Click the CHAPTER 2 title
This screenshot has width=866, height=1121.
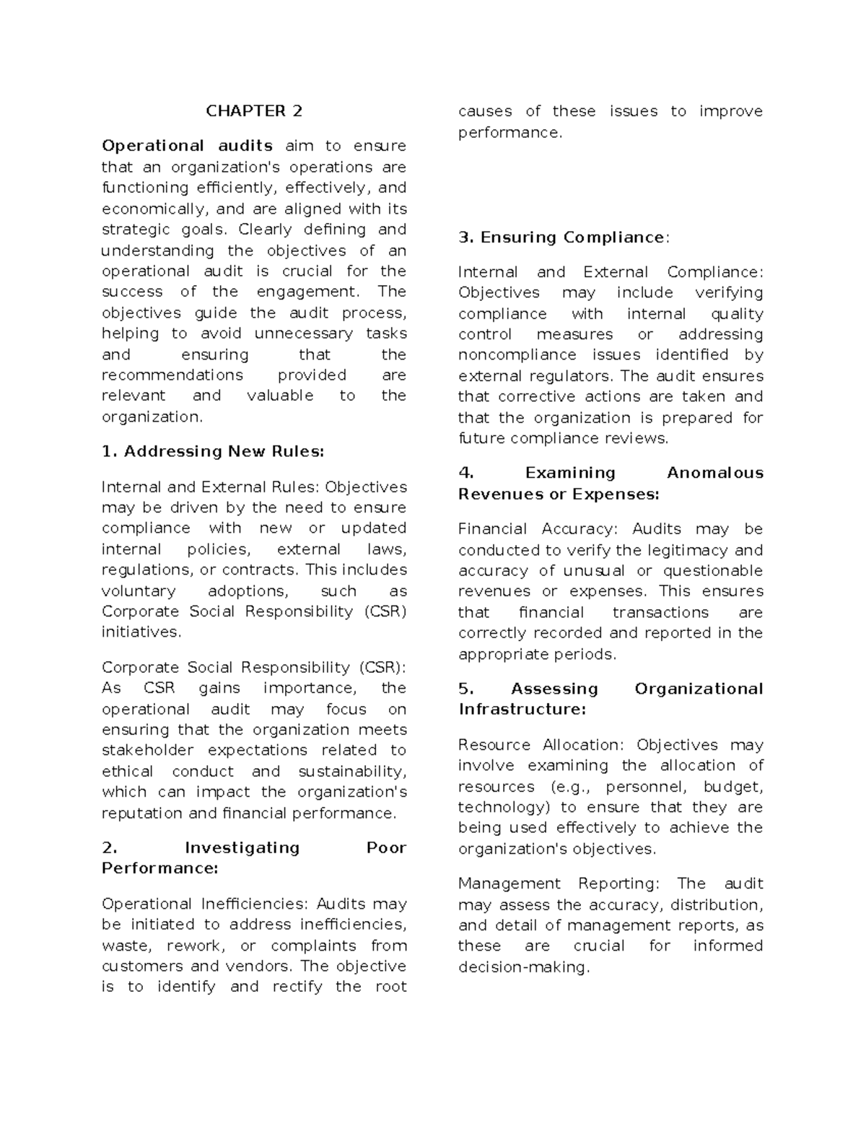254,111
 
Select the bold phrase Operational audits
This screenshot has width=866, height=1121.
187,146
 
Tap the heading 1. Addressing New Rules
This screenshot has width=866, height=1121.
213,452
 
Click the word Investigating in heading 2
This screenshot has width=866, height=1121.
242,847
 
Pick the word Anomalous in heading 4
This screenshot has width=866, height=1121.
714,473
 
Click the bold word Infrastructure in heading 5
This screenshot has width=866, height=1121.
522,710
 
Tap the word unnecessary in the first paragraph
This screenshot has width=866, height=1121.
303,333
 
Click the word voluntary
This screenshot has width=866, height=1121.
139,591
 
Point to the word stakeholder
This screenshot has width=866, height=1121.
147,750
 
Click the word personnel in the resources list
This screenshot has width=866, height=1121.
646,787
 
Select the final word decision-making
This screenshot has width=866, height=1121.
523,967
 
